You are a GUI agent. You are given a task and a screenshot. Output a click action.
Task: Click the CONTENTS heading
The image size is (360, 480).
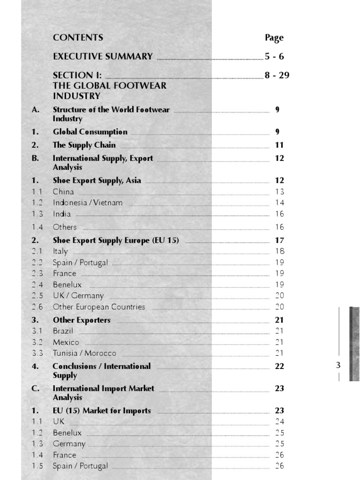click(78, 37)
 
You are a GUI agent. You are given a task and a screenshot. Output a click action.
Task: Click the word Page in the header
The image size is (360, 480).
click(274, 37)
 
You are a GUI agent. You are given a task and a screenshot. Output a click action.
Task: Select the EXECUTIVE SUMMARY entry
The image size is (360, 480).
click(103, 57)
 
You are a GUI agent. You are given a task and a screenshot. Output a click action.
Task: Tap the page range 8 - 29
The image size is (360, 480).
click(277, 75)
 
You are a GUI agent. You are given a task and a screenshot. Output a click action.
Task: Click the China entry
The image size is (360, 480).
click(63, 191)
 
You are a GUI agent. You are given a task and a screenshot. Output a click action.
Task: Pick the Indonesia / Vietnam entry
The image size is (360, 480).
click(88, 202)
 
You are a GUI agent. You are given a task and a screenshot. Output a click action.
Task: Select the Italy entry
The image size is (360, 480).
click(60, 251)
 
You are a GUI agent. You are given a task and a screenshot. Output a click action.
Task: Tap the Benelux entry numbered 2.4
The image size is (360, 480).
click(67, 285)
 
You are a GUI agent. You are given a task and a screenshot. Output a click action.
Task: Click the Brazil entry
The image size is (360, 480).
click(63, 331)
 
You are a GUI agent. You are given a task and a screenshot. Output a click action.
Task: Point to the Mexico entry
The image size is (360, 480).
click(66, 342)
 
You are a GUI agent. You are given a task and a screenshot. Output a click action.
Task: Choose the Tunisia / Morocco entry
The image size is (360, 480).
click(84, 353)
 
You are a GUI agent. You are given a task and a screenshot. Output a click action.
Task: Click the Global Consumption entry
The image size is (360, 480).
click(90, 132)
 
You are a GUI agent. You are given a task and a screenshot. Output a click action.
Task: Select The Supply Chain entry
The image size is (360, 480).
click(84, 145)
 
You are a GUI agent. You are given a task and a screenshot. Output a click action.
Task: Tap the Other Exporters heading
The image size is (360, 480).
click(82, 320)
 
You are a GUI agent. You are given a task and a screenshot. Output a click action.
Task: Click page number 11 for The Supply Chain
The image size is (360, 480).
click(279, 145)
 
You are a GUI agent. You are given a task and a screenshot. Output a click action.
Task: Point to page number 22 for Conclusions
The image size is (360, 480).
click(279, 366)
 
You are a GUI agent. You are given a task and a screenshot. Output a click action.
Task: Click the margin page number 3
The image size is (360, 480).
click(338, 366)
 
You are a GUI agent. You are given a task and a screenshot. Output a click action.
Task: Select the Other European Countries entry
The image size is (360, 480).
click(99, 307)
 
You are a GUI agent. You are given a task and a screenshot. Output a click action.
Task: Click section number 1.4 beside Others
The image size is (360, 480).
click(37, 227)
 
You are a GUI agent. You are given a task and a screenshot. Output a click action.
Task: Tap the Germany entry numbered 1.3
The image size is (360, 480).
click(69, 444)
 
